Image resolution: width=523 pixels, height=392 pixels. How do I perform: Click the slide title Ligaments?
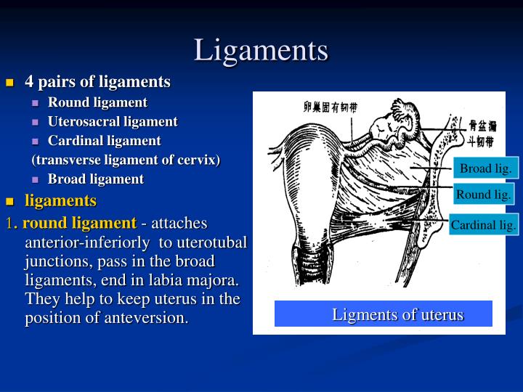(x=261, y=50)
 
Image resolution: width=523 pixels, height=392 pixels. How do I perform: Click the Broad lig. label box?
(x=486, y=168)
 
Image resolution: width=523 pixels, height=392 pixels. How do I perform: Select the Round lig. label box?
(x=484, y=194)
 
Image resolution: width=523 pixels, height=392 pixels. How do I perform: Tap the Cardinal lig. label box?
(x=484, y=225)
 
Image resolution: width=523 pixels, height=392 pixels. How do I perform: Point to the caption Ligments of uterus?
(x=397, y=314)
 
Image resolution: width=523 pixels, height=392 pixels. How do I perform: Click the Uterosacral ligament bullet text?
(x=113, y=121)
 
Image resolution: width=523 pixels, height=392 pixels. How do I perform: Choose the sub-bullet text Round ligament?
(x=97, y=102)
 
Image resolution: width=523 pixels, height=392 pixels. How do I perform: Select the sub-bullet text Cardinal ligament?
(x=104, y=140)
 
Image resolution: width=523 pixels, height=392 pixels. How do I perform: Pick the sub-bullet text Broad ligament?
(x=96, y=179)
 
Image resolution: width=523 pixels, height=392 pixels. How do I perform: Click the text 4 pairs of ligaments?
(x=97, y=81)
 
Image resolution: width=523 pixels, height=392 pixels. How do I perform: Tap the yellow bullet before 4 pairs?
(x=10, y=83)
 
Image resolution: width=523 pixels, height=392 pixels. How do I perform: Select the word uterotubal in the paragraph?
(x=214, y=242)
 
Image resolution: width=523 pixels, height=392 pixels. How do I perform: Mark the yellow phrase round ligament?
(x=79, y=223)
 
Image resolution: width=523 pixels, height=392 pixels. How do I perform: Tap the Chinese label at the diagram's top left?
(x=330, y=107)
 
